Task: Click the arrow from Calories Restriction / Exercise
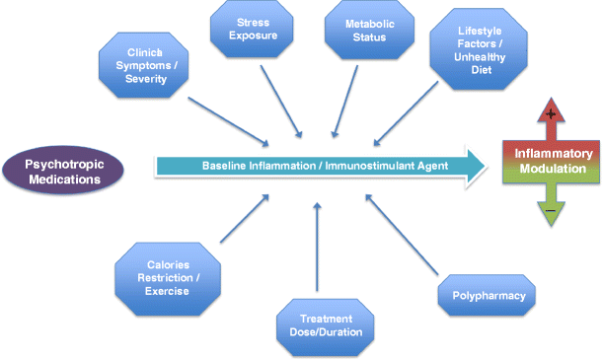point(246,218)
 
